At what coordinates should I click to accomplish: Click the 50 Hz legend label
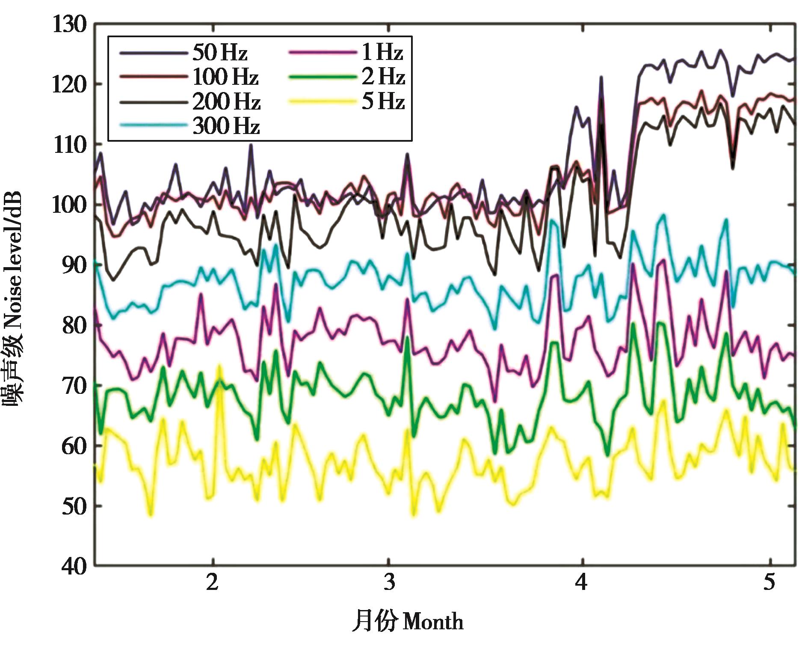[x=220, y=53]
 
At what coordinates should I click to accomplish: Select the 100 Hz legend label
[x=225, y=77]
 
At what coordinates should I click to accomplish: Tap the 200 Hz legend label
[x=226, y=102]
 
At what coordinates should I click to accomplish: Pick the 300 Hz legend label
[x=226, y=126]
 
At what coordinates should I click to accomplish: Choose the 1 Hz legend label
[x=382, y=53]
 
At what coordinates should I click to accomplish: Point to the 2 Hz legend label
[x=383, y=77]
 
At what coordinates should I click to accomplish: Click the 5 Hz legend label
[x=383, y=102]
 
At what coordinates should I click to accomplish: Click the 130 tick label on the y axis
[x=69, y=24]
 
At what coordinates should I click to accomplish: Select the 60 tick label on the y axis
[x=74, y=446]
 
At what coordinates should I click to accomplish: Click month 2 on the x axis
[x=212, y=582]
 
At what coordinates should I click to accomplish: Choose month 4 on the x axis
[x=581, y=582]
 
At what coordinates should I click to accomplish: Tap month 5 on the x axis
[x=769, y=582]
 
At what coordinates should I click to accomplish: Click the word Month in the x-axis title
[x=433, y=622]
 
